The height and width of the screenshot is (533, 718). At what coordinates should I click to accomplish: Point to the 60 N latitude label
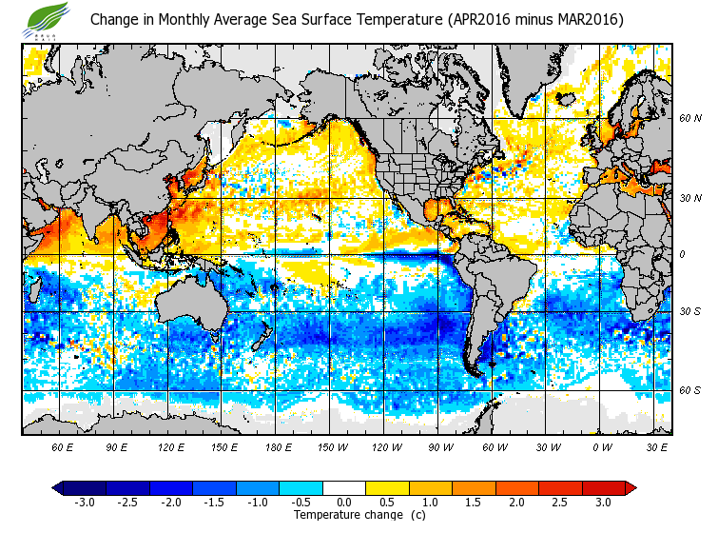click(689, 119)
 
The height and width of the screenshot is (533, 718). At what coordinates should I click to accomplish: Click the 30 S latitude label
click(689, 312)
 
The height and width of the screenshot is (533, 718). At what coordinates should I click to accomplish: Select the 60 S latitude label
click(689, 390)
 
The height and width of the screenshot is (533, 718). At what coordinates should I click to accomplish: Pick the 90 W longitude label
click(439, 446)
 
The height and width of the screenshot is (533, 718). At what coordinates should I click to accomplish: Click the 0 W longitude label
click(602, 446)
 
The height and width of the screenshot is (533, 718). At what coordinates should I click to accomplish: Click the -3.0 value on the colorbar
click(85, 503)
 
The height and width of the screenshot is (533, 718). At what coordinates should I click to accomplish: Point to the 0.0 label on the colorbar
click(343, 503)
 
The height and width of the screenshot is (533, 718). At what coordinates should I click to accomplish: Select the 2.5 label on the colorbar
click(560, 503)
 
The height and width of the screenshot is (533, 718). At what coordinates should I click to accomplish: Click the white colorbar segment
click(344, 488)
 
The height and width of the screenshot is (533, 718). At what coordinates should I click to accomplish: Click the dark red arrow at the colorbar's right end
click(630, 488)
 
